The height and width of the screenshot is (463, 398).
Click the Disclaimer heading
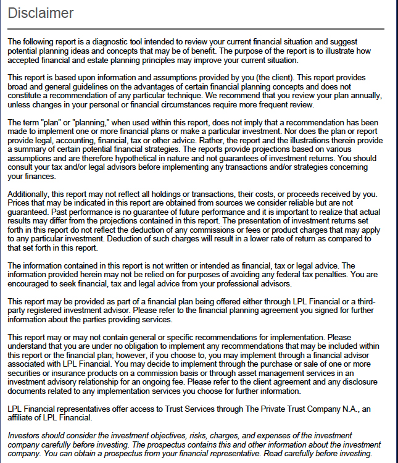coord(41,13)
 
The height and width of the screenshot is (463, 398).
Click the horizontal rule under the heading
coord(196,29)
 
